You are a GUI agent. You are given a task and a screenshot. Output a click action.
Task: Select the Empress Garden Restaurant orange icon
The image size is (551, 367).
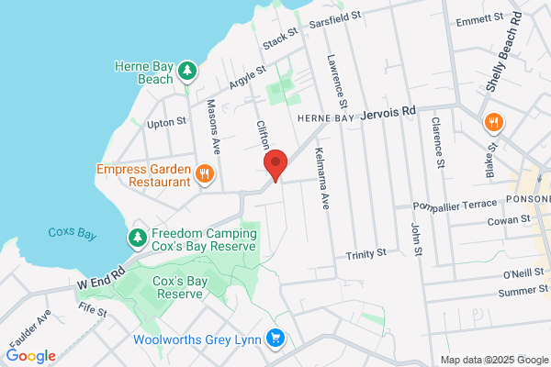coord(205,172)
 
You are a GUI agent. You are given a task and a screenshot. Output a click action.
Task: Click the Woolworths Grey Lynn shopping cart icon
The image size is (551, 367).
coord(275,339)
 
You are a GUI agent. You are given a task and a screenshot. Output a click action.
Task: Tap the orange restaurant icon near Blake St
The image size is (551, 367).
coord(493,123)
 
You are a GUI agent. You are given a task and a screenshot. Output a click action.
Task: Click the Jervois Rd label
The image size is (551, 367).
coord(389,112)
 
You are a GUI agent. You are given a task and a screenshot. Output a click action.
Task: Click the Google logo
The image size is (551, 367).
coord(30,356)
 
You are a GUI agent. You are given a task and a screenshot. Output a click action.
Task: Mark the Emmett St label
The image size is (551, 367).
coord(479,17)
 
